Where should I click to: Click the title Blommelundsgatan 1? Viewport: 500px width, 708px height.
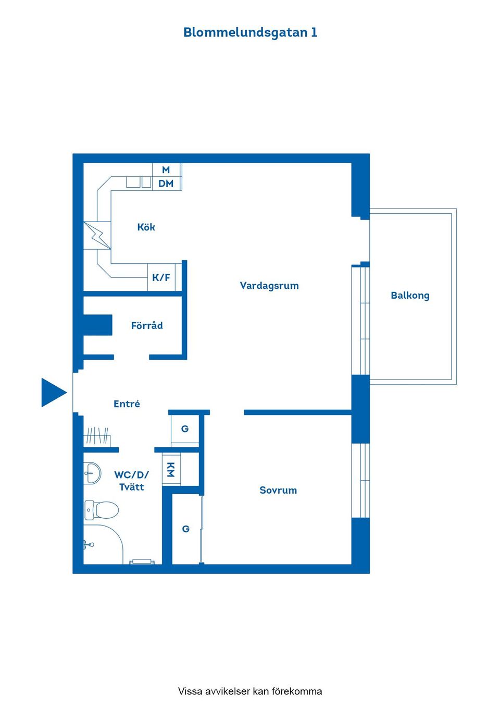[x=250, y=32]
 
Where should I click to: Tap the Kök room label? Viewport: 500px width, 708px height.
[x=146, y=227]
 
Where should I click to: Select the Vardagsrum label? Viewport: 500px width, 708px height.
[x=269, y=286]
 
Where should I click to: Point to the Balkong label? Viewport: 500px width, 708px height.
[x=410, y=296]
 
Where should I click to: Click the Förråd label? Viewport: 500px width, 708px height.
[x=147, y=326]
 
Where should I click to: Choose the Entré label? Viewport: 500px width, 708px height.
[x=127, y=404]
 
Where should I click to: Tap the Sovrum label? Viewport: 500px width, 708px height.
[x=278, y=491]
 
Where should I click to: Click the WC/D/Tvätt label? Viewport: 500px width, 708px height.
[x=131, y=481]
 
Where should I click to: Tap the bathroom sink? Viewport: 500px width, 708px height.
[x=92, y=473]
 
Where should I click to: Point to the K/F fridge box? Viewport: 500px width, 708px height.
[x=161, y=278]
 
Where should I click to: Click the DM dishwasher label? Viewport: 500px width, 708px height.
[x=166, y=184]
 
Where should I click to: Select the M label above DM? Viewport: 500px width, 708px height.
[x=166, y=170]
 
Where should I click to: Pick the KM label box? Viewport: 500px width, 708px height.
[x=171, y=469]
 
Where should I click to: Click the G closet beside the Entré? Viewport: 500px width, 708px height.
[x=185, y=429]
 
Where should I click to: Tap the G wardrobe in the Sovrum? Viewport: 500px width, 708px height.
[x=186, y=529]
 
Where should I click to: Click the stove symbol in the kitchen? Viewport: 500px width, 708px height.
[x=97, y=235]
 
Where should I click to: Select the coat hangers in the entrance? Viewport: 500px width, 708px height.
[x=97, y=436]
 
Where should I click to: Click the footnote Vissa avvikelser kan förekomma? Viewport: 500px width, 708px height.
[x=250, y=691]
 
